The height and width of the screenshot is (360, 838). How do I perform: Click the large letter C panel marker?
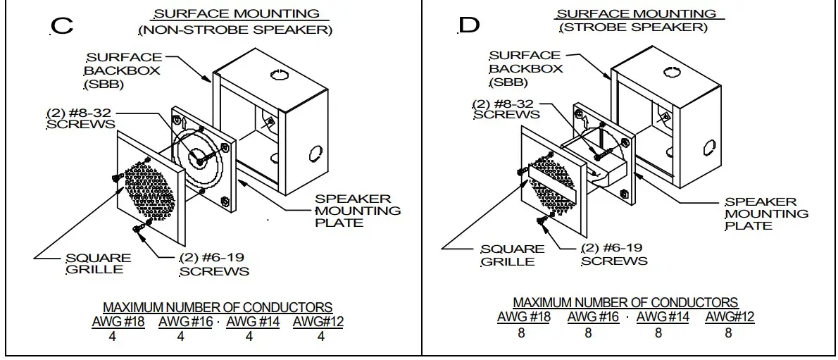pos(62,26)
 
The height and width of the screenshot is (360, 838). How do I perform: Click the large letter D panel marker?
pos(469,25)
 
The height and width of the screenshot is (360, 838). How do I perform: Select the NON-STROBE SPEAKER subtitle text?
pos(236,30)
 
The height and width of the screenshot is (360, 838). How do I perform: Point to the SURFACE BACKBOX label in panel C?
pos(123,70)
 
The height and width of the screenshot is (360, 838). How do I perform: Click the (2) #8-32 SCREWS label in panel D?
pos(506,108)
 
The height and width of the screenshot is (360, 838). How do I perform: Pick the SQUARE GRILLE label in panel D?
pos(512,255)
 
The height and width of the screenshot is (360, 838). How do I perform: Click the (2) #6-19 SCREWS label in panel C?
pos(214,264)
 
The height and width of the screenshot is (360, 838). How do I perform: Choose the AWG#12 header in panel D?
pos(729,317)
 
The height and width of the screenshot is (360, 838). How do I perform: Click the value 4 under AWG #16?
pos(180,337)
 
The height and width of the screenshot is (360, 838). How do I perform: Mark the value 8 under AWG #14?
pos(658,333)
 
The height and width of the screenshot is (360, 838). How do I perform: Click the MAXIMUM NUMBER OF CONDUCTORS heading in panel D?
pos(625,303)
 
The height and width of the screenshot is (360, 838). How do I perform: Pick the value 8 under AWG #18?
pos(521,333)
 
